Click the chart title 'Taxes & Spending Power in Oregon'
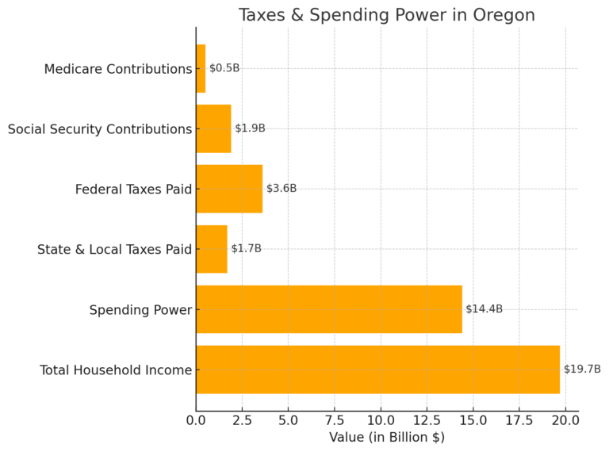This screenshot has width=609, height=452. coord(387,15)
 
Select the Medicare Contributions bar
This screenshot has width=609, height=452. coord(201,68)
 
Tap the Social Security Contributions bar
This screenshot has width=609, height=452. coord(213,128)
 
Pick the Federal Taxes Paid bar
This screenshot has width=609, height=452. coord(229,189)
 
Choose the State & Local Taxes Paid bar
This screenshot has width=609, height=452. coord(212,249)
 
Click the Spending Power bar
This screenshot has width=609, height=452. coord(329,309)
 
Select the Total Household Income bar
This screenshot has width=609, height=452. coord(377,370)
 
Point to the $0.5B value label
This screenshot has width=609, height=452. coord(224,68)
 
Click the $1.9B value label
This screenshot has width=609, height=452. coord(250,128)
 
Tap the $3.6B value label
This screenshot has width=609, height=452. coord(282,189)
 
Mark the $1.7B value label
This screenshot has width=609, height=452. coord(246,249)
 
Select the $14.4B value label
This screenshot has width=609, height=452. coord(484,309)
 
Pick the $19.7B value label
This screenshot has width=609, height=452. coord(582,370)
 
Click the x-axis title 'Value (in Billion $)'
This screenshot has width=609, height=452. coord(387,437)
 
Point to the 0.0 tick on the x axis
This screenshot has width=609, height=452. coord(196,419)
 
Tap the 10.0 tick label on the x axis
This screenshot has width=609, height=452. coord(381,419)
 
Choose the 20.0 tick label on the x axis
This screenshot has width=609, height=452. coord(565,419)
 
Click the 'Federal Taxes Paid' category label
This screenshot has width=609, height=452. coord(134,190)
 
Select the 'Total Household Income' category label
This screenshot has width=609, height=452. coord(116,370)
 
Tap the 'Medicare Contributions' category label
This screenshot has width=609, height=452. coord(118,69)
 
